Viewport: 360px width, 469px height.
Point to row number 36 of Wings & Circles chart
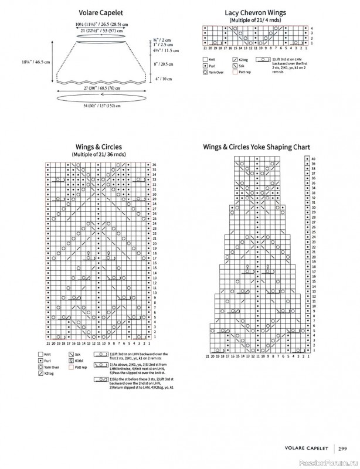coord(154,165)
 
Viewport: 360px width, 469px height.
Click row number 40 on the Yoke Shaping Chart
coord(313,159)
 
